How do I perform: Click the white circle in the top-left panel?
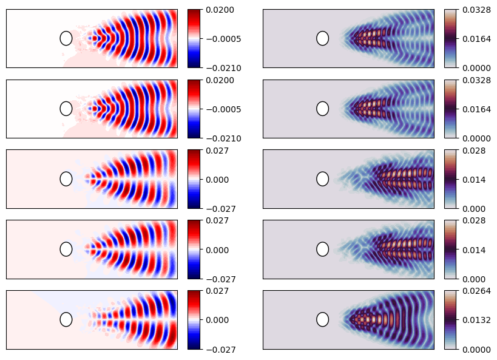tap(66, 38)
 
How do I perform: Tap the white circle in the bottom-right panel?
tap(323, 319)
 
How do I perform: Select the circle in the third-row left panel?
tap(66, 178)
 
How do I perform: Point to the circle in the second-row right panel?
tap(323, 109)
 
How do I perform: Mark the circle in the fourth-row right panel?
tap(323, 249)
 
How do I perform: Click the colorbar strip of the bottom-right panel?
tap(450, 319)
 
